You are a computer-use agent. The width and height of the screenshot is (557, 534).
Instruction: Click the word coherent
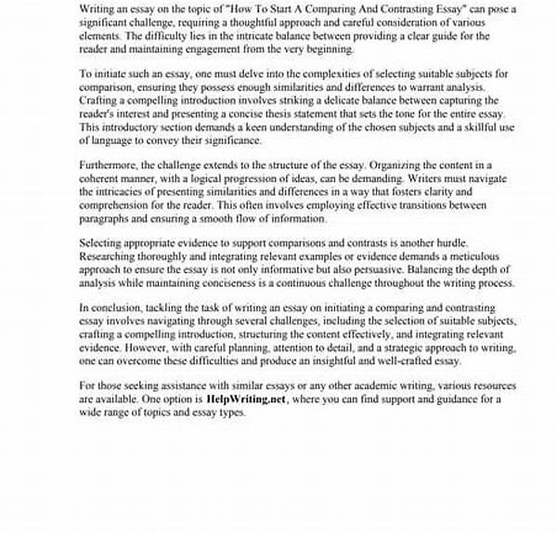point(102,177)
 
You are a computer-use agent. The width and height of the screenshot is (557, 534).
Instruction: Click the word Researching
point(111,256)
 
